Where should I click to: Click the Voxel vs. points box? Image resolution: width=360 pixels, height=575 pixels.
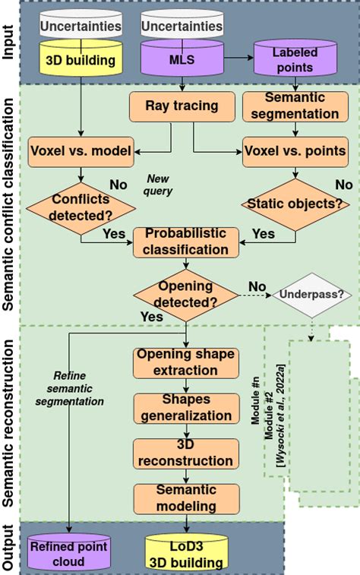point(295,150)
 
